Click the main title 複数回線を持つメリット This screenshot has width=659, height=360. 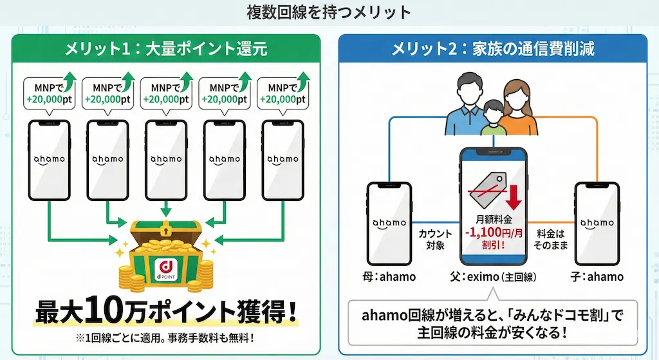328,12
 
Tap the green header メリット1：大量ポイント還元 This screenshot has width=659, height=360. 166,48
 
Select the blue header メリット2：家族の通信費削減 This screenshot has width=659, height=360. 492,48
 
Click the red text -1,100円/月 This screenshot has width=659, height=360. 492,233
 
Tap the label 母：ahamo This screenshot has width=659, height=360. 389,277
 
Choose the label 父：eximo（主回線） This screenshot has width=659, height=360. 492,277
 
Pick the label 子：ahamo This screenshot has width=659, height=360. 598,277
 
